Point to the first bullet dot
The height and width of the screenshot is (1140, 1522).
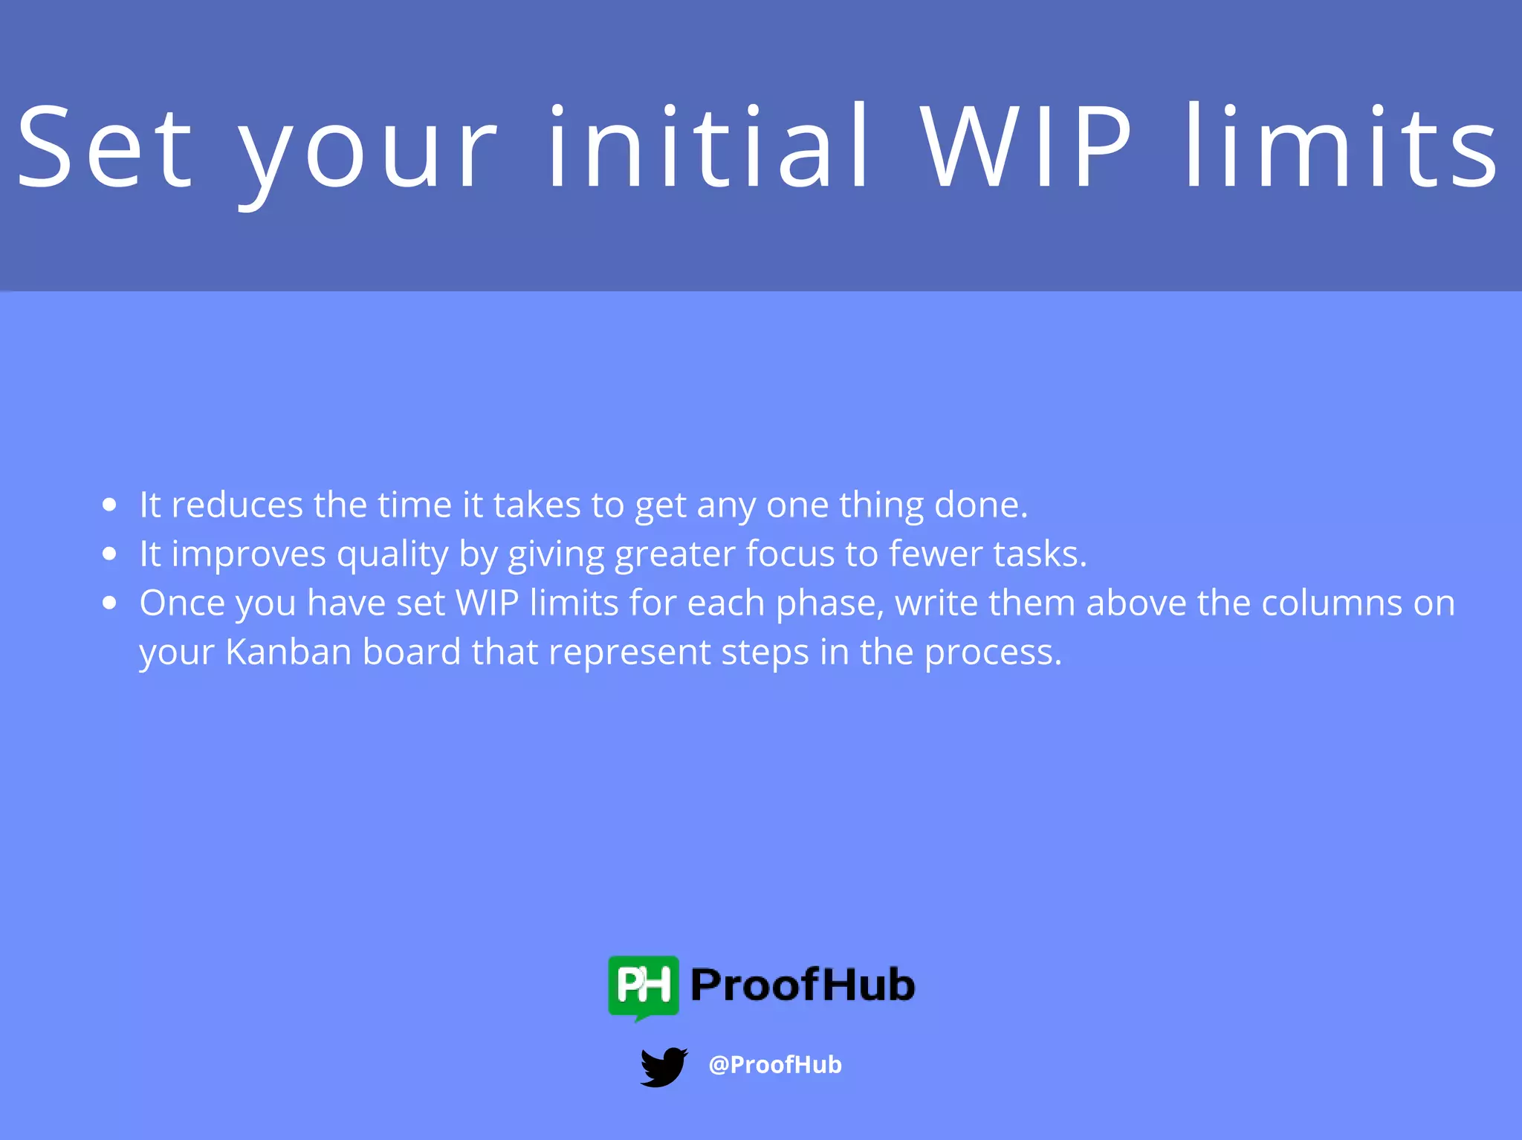tap(110, 505)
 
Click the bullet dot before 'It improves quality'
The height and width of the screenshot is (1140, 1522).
tap(110, 554)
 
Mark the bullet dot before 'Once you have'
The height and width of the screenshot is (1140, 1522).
tap(110, 603)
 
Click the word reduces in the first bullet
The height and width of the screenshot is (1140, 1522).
tap(236, 505)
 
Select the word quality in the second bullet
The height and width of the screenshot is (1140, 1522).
tap(392, 555)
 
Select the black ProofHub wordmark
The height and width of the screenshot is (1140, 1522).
tap(803, 985)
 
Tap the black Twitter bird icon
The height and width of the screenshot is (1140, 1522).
tap(664, 1066)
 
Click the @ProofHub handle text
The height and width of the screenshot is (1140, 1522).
tap(775, 1065)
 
